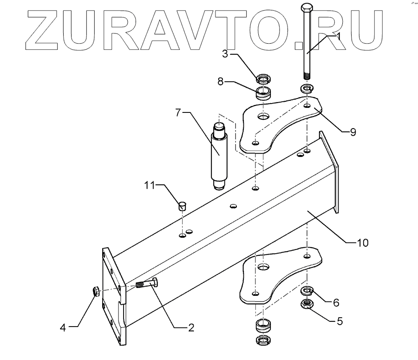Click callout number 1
[339, 36]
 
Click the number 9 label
[353, 132]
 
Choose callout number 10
[362, 242]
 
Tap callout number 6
[335, 302]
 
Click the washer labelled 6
[307, 291]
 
